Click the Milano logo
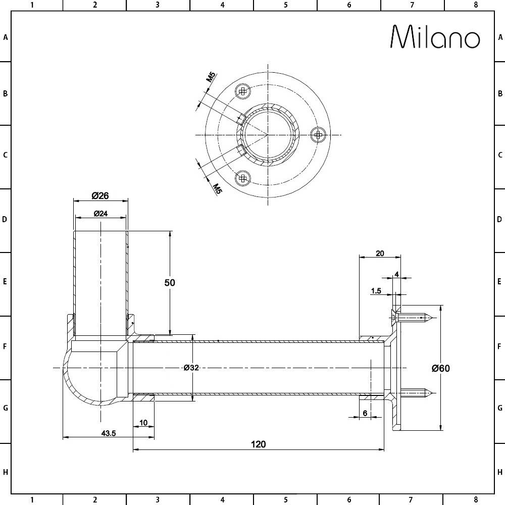pyautogui.click(x=435, y=37)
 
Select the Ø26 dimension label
pyautogui.click(x=100, y=195)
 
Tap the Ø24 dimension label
pyautogui.click(x=100, y=214)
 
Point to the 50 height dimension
pyautogui.click(x=170, y=283)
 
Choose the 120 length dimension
pyautogui.click(x=258, y=444)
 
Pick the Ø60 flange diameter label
pyautogui.click(x=440, y=368)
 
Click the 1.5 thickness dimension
pyautogui.click(x=376, y=291)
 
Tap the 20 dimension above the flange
pyautogui.click(x=380, y=254)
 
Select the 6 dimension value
pyautogui.click(x=365, y=413)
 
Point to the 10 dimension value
pyautogui.click(x=143, y=423)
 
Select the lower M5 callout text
pyautogui.click(x=217, y=189)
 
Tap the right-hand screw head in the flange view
pyautogui.click(x=317, y=134)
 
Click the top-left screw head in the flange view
pyautogui.click(x=243, y=91)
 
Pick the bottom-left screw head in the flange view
pyautogui.click(x=243, y=177)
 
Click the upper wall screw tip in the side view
pyautogui.click(x=428, y=318)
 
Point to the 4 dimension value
pyautogui.click(x=397, y=274)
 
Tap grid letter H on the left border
pyautogui.click(x=6, y=472)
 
